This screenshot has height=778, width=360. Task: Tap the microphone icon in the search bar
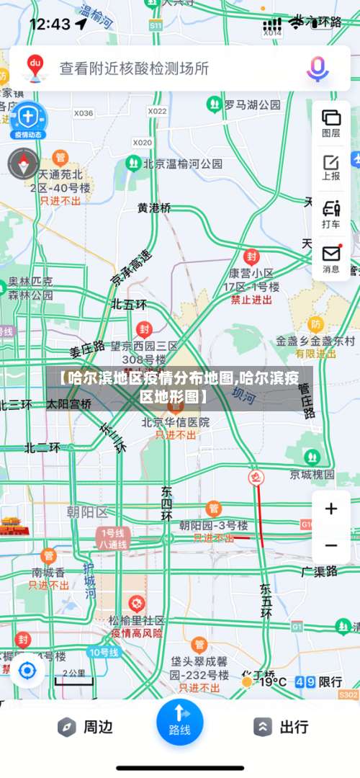317,68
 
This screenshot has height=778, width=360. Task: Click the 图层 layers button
331,122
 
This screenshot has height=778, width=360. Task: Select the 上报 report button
331,167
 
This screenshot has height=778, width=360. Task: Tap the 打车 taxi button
331,214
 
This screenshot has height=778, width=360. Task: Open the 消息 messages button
331,259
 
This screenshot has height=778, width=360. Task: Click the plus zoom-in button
331,509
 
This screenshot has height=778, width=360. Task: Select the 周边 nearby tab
86,727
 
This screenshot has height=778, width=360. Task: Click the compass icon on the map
23,164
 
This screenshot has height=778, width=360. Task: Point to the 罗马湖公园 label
251,104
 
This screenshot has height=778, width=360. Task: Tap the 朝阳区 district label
86,512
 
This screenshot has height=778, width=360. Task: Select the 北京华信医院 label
176,422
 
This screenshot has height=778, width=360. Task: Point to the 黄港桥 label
155,207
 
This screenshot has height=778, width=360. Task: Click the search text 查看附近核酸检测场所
134,68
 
